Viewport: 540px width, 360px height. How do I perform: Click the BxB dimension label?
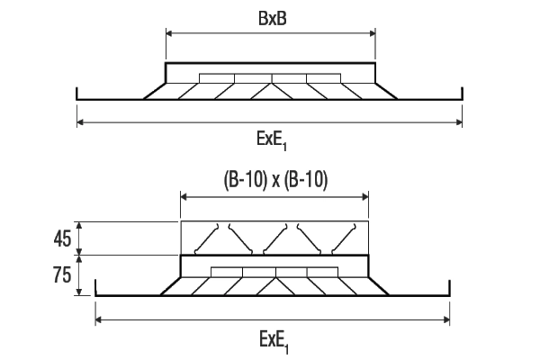coord(272,19)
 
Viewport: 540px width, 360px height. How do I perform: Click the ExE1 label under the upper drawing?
coord(272,140)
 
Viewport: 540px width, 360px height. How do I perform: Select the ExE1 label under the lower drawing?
coord(274,341)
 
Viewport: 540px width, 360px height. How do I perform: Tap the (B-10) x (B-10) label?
coord(275,180)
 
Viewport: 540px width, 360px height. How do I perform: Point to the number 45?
coord(62,238)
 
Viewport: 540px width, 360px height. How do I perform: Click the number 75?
coord(62,274)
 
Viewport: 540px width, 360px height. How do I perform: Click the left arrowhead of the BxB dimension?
coord(169,33)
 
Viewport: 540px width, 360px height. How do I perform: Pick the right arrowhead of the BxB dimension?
coord(373,33)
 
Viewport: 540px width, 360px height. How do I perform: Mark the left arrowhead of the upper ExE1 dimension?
coord(80,122)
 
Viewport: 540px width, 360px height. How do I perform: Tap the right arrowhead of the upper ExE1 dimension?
coord(459,122)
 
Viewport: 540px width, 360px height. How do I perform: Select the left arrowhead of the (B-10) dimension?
coord(184,197)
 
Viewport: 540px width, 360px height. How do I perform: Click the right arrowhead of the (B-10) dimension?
coord(365,197)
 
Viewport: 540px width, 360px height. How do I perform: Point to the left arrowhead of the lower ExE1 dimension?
coord(98,320)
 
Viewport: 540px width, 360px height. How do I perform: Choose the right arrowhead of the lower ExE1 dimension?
coord(446,320)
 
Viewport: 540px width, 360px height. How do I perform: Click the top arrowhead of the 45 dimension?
coord(79,225)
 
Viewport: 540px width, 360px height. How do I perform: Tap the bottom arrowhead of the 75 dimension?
coord(79,292)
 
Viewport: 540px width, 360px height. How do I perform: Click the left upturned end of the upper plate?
coord(77,93)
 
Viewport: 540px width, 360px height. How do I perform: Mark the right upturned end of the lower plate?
coord(449,288)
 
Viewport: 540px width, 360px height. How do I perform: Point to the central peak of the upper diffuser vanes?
coord(272,84)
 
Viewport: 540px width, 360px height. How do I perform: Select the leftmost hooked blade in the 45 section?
coord(207,239)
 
